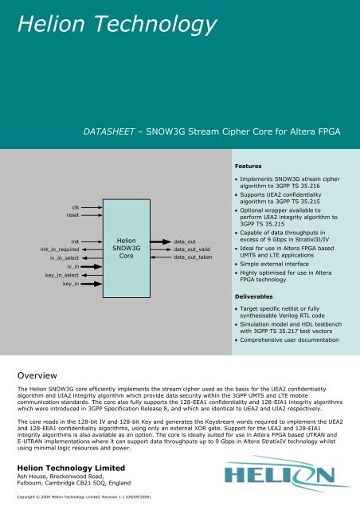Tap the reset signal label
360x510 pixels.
[72, 215]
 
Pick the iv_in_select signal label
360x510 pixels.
[65, 258]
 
